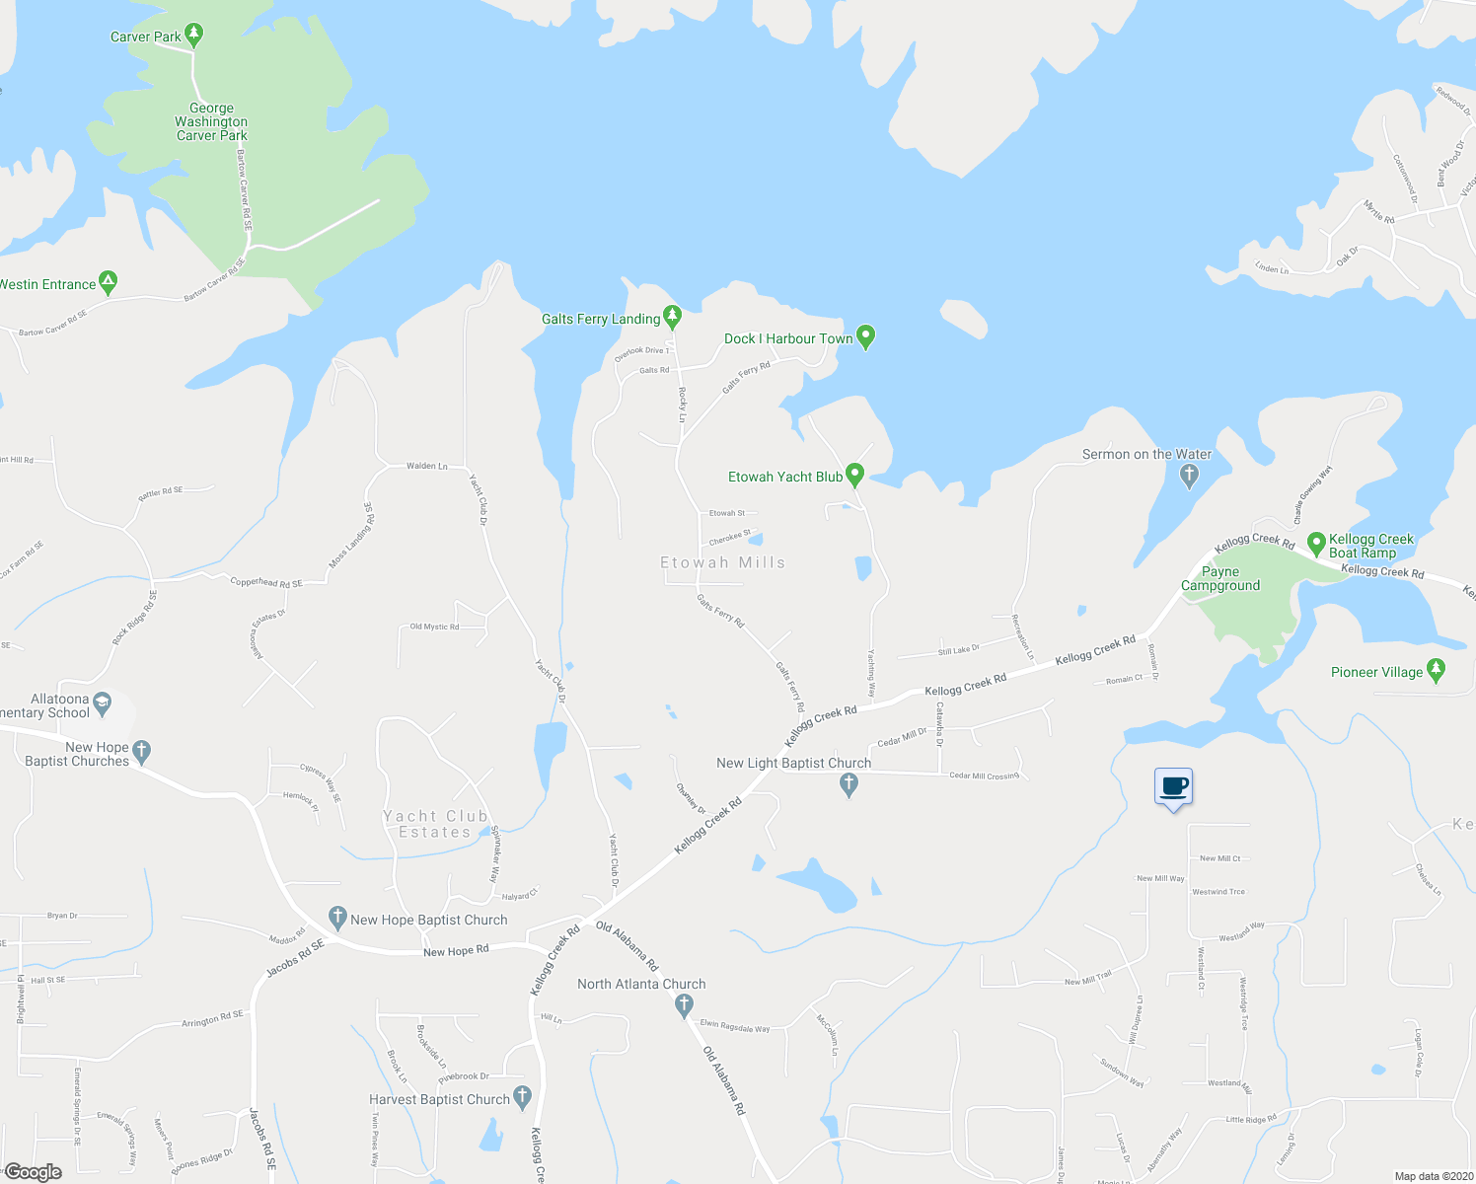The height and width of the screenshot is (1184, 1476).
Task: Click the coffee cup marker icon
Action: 1173,787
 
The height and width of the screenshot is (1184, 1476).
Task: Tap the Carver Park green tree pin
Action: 194,36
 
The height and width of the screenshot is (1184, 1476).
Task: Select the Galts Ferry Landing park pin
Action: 673,317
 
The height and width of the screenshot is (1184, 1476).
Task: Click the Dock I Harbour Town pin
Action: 865,337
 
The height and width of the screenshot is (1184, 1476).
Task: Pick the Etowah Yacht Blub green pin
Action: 855,476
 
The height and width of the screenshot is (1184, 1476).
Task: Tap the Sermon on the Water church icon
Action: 1189,476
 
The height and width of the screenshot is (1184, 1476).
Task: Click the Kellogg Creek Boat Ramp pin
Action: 1315,544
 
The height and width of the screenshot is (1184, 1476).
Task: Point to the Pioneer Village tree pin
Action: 1436,671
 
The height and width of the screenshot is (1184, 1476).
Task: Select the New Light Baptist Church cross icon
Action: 849,784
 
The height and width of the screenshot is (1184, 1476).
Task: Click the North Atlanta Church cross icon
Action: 684,1005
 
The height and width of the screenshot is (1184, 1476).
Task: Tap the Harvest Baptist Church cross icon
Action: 523,1097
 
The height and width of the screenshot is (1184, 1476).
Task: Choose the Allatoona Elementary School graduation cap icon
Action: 103,704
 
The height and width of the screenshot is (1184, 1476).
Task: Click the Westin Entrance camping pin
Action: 109,283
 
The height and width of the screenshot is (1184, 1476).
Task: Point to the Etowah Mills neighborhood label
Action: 722,562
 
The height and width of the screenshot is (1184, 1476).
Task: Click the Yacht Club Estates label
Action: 435,824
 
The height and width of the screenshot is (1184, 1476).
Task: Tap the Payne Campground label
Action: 1220,578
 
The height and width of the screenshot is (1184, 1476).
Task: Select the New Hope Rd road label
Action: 456,951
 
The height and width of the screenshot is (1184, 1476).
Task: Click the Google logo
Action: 33,1171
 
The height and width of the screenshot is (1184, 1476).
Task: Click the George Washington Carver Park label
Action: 211,122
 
